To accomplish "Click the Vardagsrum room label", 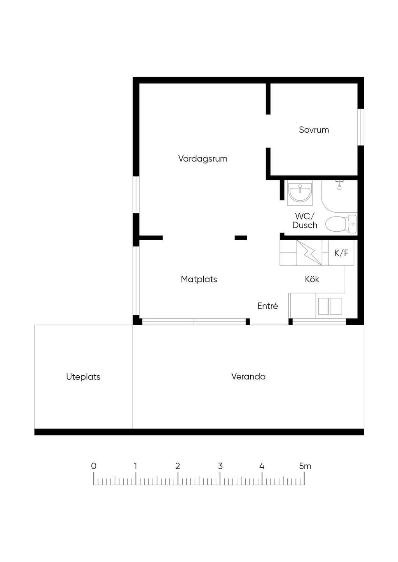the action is (203, 159).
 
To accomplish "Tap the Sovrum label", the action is (314, 130).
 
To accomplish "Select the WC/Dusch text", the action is (305, 220).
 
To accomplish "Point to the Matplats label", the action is (199, 279).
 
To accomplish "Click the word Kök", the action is (312, 279).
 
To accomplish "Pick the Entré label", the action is (267, 306).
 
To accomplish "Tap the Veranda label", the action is (248, 376).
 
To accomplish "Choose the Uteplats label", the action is (83, 377).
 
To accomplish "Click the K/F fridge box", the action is (342, 253).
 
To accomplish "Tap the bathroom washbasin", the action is (300, 193).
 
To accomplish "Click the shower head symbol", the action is (339, 185).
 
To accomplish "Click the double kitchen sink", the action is (330, 306).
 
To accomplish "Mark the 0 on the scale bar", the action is (94, 466).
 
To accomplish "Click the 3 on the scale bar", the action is (220, 466).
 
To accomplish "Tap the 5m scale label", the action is (305, 466).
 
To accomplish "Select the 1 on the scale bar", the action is (136, 466).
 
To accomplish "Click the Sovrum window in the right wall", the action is (361, 127).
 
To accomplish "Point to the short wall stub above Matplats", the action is (241, 238).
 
